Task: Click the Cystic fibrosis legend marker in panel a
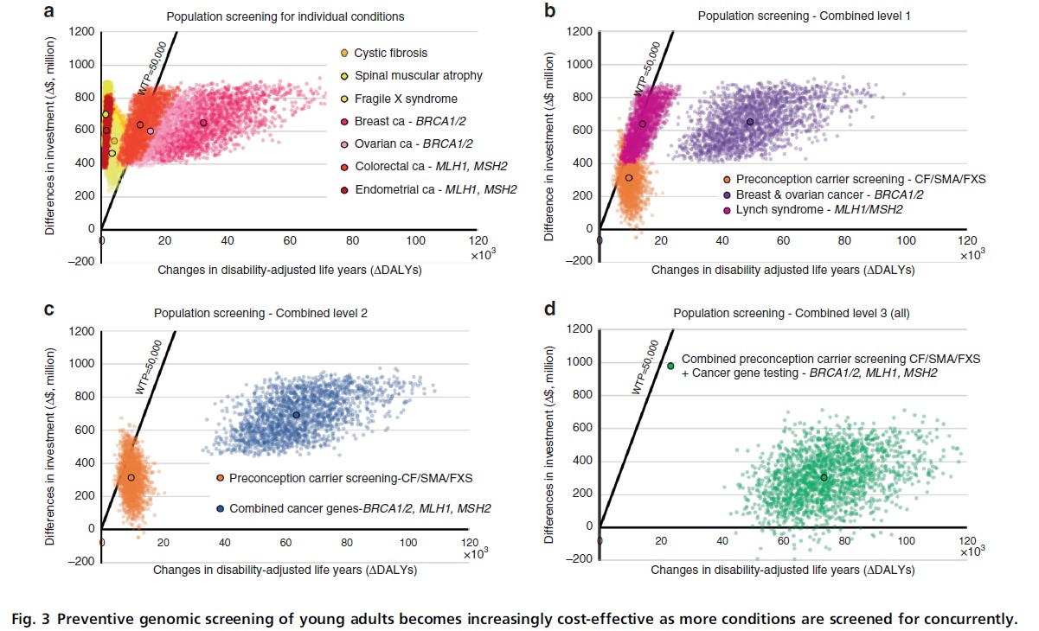click(x=343, y=54)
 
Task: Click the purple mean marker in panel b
click(x=750, y=122)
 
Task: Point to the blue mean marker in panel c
click(x=296, y=415)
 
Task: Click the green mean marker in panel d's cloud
click(x=824, y=477)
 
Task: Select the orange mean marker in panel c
click(x=131, y=477)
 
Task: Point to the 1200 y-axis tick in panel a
click(x=81, y=32)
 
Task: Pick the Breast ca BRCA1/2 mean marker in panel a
click(x=203, y=123)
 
